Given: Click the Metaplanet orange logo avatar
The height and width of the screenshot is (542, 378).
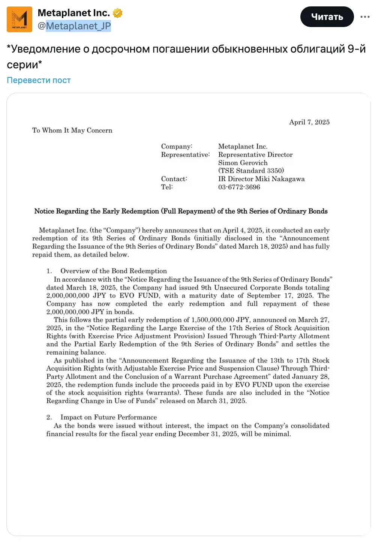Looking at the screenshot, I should (19, 19).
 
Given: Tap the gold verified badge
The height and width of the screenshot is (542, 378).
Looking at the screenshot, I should (118, 13).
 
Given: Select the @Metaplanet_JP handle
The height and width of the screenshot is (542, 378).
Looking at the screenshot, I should (74, 26).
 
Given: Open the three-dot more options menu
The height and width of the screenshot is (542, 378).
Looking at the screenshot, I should (365, 17).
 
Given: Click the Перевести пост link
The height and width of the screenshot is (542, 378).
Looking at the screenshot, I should (39, 80).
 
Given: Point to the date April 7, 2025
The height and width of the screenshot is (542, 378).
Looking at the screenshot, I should (309, 122).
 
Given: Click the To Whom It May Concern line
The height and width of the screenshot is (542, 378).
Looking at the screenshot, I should (72, 130).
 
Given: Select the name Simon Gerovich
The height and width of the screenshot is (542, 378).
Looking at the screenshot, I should (243, 163).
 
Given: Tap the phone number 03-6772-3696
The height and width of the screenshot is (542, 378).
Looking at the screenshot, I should (239, 187).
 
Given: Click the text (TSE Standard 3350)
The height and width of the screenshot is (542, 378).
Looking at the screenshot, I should (251, 171).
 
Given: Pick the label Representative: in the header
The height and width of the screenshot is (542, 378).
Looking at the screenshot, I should (185, 155).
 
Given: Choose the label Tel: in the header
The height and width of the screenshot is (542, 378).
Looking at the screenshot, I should (167, 187).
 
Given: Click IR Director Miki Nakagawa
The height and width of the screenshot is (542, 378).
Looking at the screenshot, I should (261, 179).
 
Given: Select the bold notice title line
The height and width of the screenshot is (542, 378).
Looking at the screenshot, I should (181, 211).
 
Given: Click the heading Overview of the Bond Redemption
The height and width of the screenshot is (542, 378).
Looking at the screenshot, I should (113, 271).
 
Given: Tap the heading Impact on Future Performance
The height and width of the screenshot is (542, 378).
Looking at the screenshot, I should (108, 417).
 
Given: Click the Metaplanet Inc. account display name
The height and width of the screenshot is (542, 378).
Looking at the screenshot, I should (73, 13).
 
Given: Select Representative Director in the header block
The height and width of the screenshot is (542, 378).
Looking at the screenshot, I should (255, 155).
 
